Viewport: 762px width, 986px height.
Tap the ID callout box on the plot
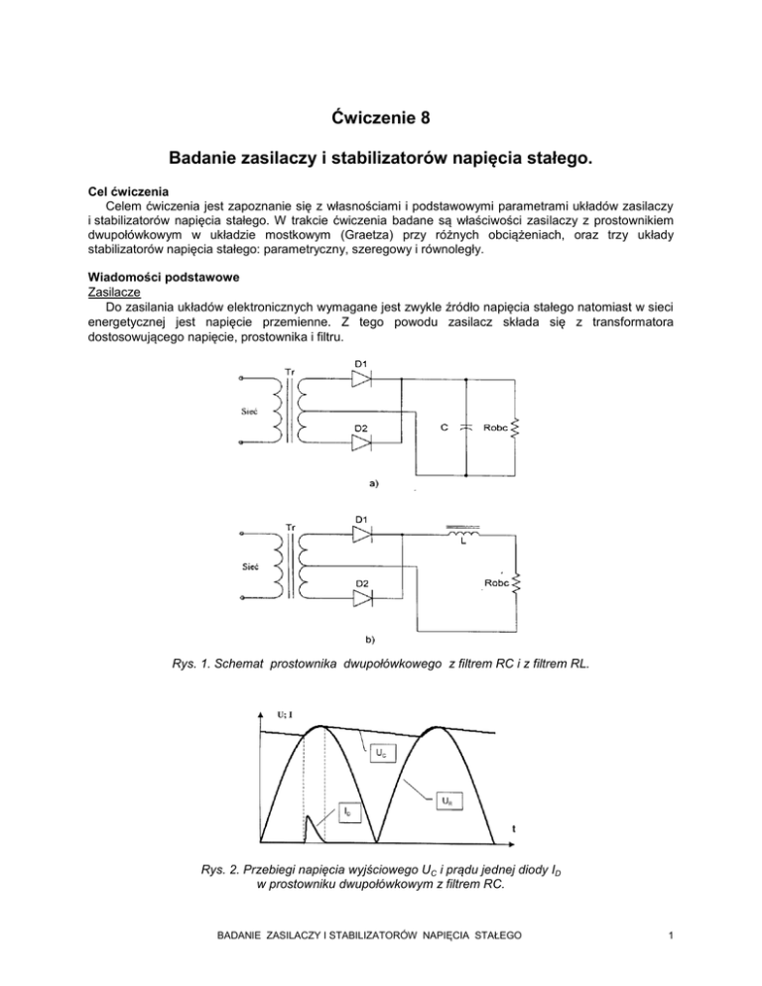coord(339,812)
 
